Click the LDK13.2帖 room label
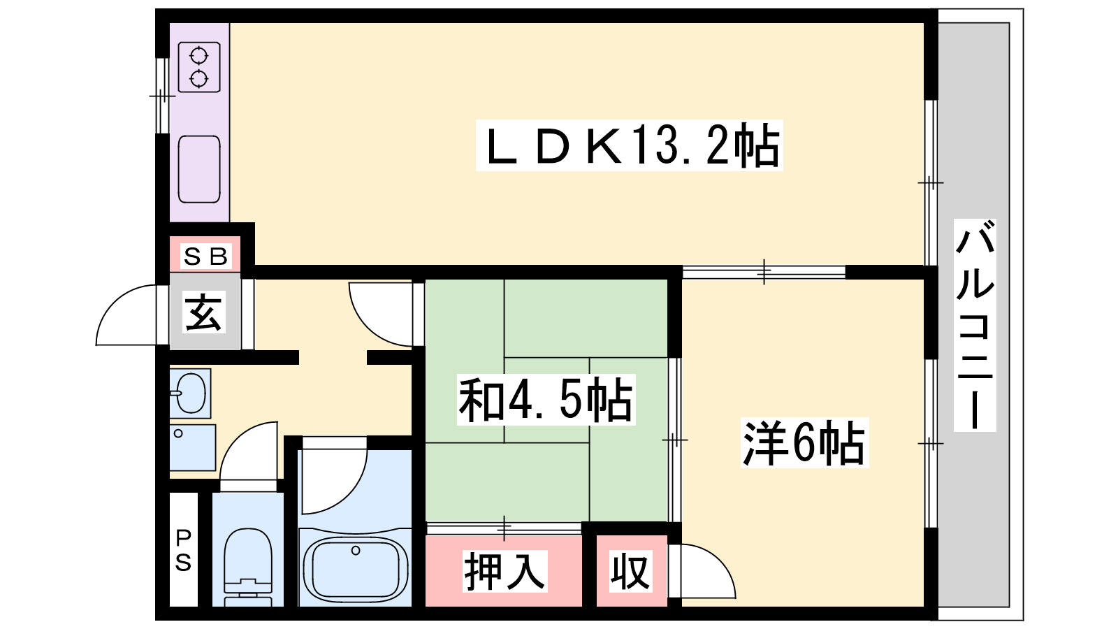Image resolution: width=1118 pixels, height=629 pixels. point(630,146)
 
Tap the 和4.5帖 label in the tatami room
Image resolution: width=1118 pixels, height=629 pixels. point(546,399)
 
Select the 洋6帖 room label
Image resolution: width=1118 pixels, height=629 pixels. point(804,443)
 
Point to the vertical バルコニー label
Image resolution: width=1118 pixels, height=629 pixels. point(975,325)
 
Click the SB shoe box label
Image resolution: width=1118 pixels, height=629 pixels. point(205,256)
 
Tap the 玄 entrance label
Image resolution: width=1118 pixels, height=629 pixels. point(203,312)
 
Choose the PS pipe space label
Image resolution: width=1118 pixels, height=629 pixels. point(183,551)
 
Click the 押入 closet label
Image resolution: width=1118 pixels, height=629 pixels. point(504,571)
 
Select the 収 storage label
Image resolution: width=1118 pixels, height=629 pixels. point(630,571)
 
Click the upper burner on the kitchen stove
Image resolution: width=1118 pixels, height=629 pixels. point(198,55)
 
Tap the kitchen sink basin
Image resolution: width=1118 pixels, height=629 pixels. point(199,169)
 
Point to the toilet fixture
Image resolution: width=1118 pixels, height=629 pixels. point(248,567)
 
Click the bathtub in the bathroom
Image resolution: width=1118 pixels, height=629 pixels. point(356,567)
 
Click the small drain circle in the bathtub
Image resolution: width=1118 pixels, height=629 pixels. point(356,551)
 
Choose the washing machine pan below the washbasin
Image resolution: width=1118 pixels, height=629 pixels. point(193,447)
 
